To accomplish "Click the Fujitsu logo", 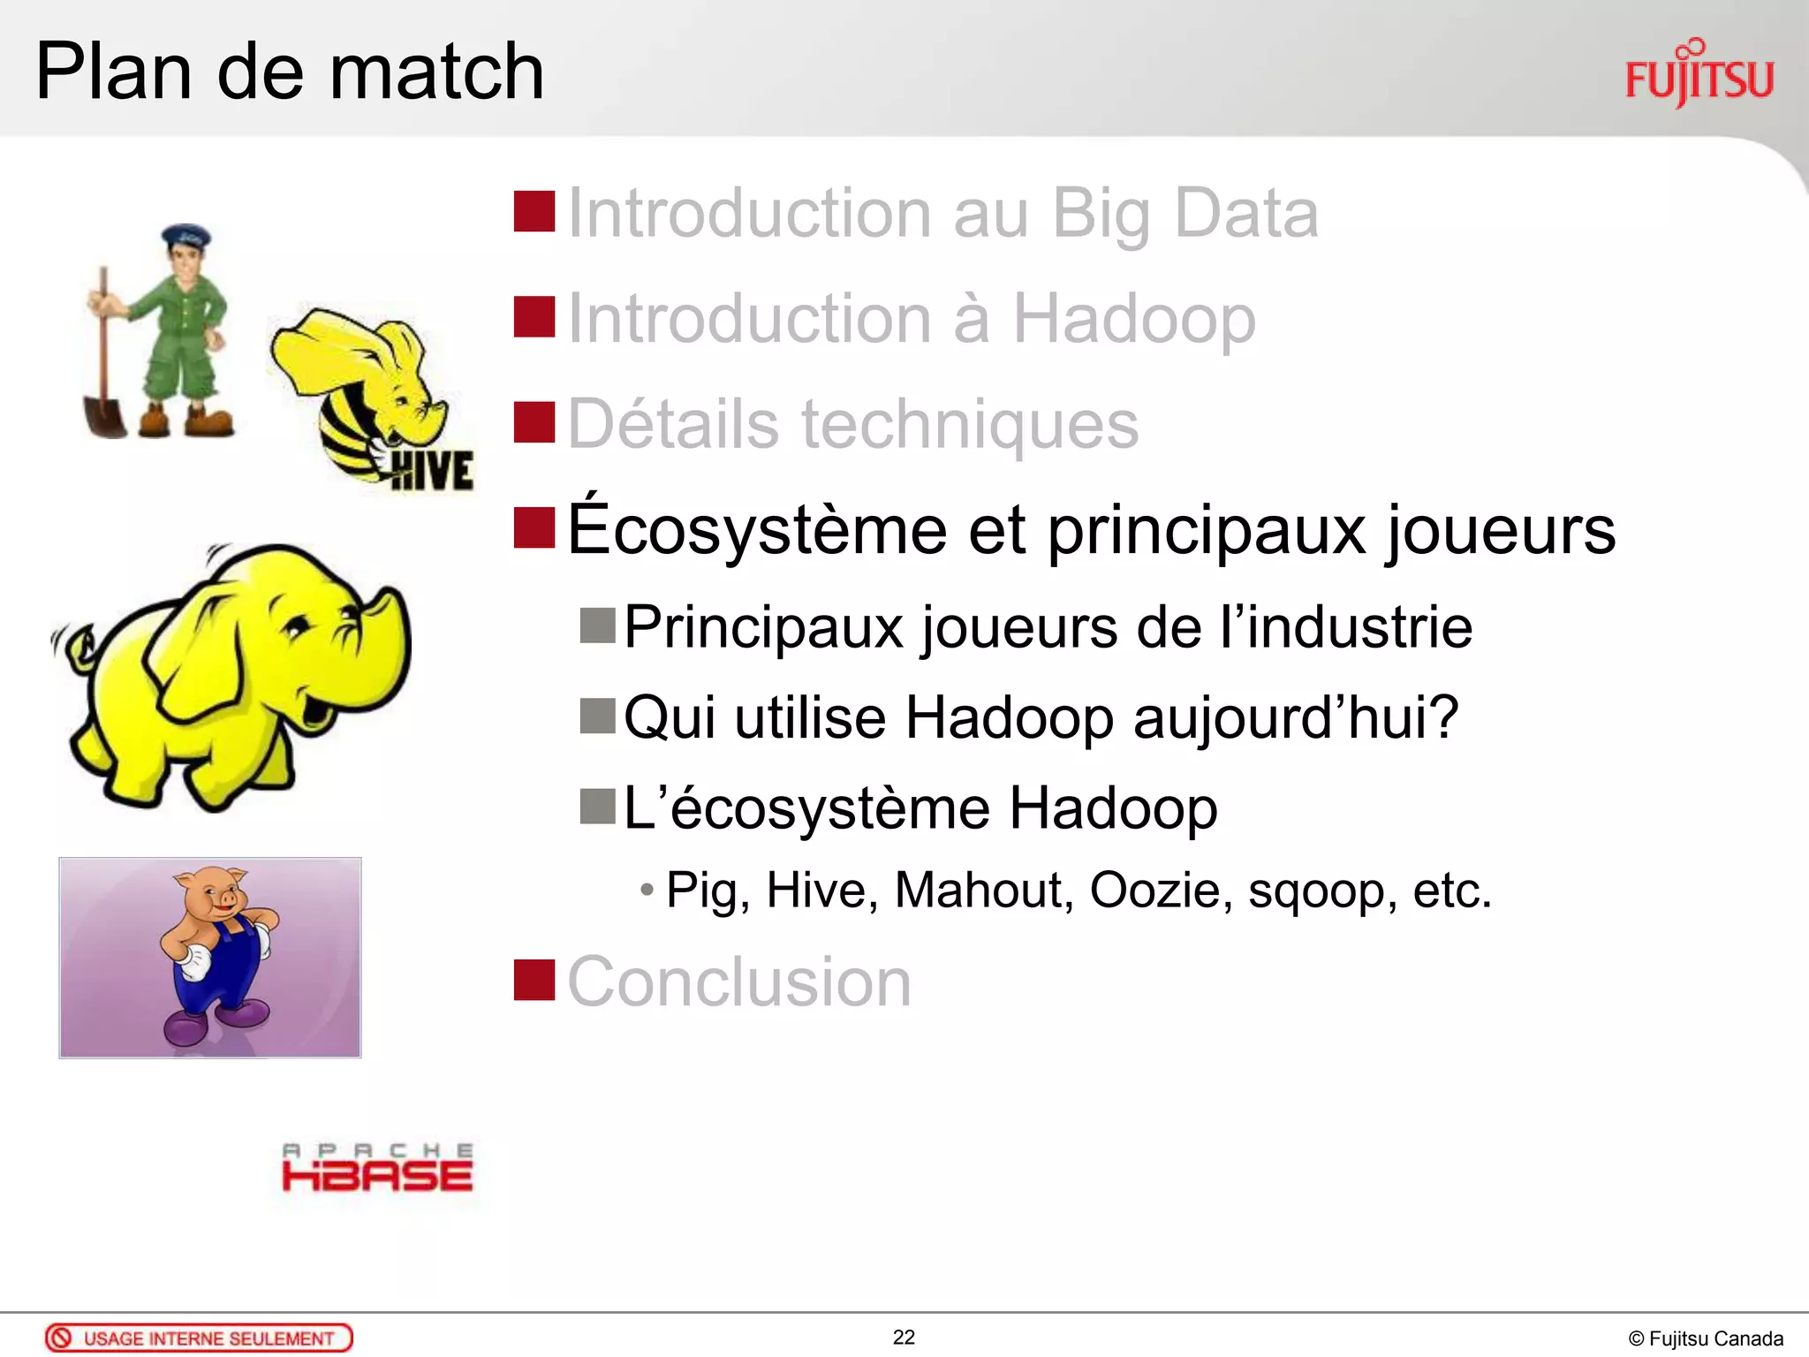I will pos(1699,75).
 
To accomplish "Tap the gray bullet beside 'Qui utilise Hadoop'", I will pos(597,716).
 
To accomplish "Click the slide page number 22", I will pos(904,1338).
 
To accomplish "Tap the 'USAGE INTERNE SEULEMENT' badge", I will pos(199,1338).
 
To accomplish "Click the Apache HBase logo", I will pos(377,1168).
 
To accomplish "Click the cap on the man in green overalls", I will pos(185,235).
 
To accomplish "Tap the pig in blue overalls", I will pos(216,950).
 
